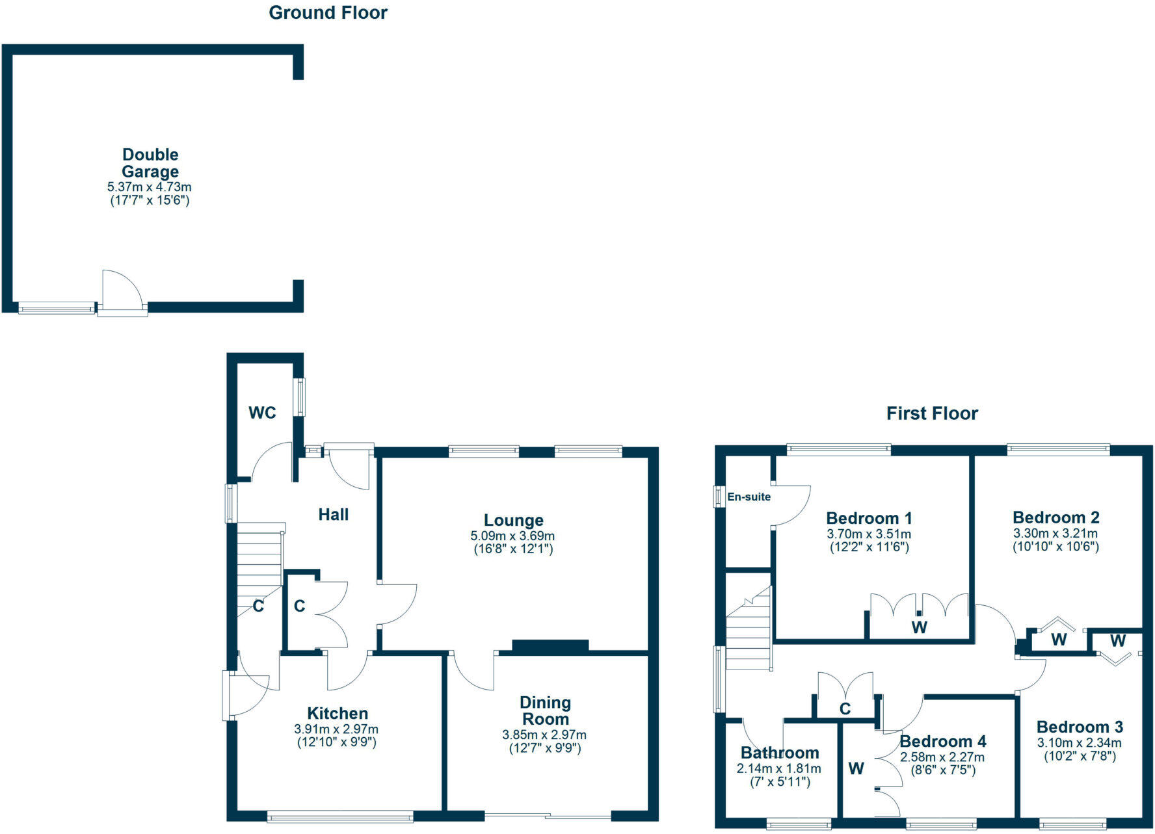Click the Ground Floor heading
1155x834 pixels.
(x=328, y=12)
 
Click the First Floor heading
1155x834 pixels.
(x=931, y=413)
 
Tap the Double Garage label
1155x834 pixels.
(x=150, y=163)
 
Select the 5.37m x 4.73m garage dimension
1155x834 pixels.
(x=150, y=187)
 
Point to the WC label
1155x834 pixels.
(x=262, y=413)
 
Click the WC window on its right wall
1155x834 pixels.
(x=300, y=397)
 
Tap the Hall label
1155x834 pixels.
(x=333, y=515)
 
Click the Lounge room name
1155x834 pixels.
(x=513, y=520)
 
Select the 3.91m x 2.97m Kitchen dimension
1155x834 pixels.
(x=336, y=729)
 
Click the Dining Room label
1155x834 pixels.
(x=545, y=710)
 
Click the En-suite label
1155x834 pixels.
(x=749, y=497)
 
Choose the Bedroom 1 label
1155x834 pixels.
(x=869, y=518)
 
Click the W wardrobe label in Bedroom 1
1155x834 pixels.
(x=918, y=627)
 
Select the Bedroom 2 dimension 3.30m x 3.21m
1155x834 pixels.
(x=1055, y=534)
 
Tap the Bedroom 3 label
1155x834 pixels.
(x=1080, y=727)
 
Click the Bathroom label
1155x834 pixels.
(x=780, y=753)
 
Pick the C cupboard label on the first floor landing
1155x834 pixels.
(x=845, y=709)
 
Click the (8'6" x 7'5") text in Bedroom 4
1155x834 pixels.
(x=942, y=770)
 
